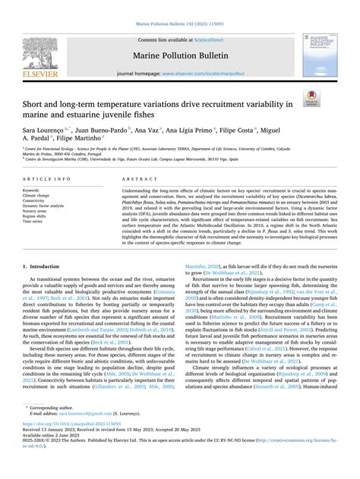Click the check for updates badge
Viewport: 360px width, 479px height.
311,97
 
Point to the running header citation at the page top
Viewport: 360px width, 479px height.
179,6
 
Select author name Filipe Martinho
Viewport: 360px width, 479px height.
97,139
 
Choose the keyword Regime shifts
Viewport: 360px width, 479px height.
36,216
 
